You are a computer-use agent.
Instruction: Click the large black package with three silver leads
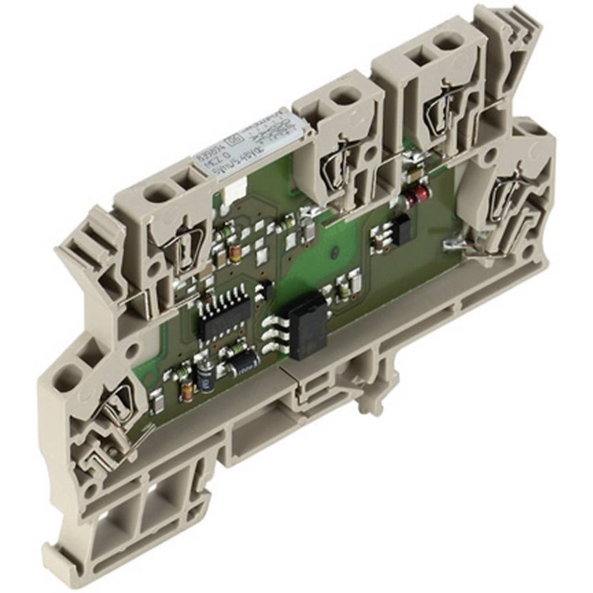307,327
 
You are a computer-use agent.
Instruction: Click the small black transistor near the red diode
400,228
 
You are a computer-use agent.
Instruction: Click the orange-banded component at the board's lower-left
186,390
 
